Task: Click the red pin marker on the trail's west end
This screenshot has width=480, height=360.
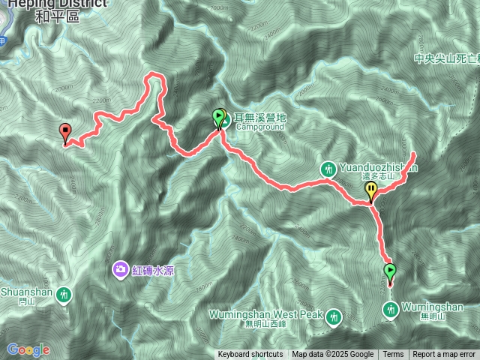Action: tap(65, 132)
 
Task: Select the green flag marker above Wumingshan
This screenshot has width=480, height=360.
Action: tap(389, 271)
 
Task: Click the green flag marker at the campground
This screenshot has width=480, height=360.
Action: tap(218, 118)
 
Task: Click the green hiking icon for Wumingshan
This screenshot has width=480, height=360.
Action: tap(391, 308)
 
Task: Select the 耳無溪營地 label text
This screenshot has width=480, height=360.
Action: tap(259, 117)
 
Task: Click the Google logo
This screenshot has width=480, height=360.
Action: tap(28, 349)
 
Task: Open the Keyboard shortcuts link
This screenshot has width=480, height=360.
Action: tap(250, 355)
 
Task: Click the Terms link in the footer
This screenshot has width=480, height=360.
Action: tap(393, 355)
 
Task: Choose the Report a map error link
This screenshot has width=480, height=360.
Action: tap(445, 355)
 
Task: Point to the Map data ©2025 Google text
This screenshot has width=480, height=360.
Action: tap(332, 355)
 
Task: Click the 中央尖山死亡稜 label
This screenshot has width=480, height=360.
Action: tap(446, 58)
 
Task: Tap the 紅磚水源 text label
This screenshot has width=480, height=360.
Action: tap(154, 270)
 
